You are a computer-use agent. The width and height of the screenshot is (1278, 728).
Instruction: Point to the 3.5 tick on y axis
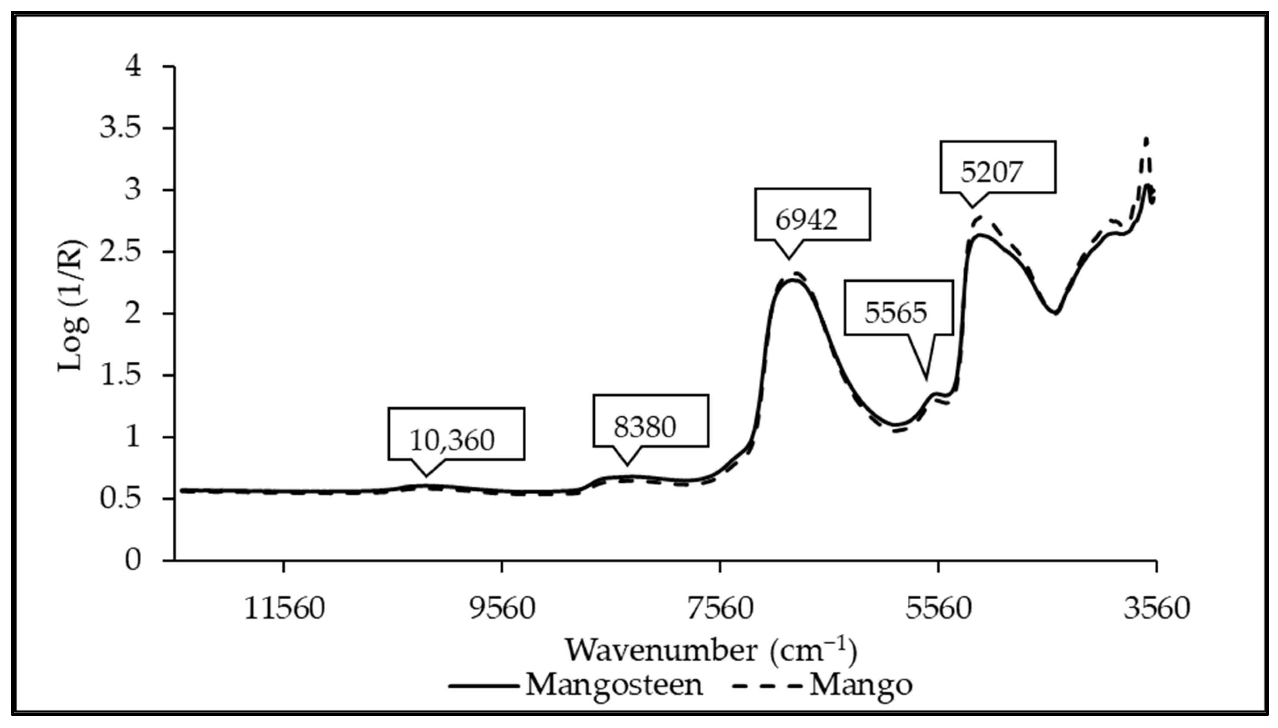120,128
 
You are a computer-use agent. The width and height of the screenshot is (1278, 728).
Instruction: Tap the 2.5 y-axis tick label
120,251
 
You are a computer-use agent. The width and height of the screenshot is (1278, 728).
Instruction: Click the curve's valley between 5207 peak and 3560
1055,313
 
